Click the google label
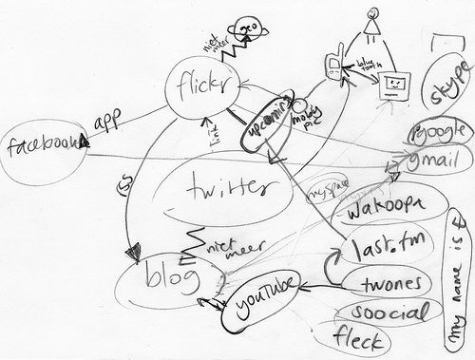point(439,130)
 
